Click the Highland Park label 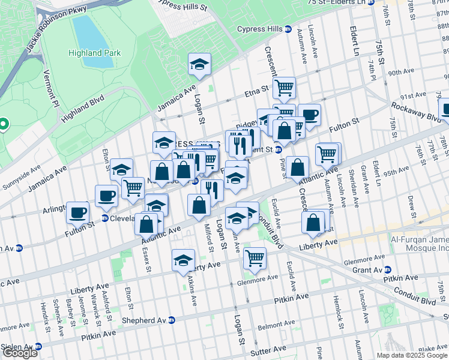94,53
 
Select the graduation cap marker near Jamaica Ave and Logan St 200,64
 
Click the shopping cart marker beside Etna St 284,88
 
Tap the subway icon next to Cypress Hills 288,29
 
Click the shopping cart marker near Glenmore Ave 255,258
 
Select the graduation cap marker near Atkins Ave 184,260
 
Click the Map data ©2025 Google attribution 412,355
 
